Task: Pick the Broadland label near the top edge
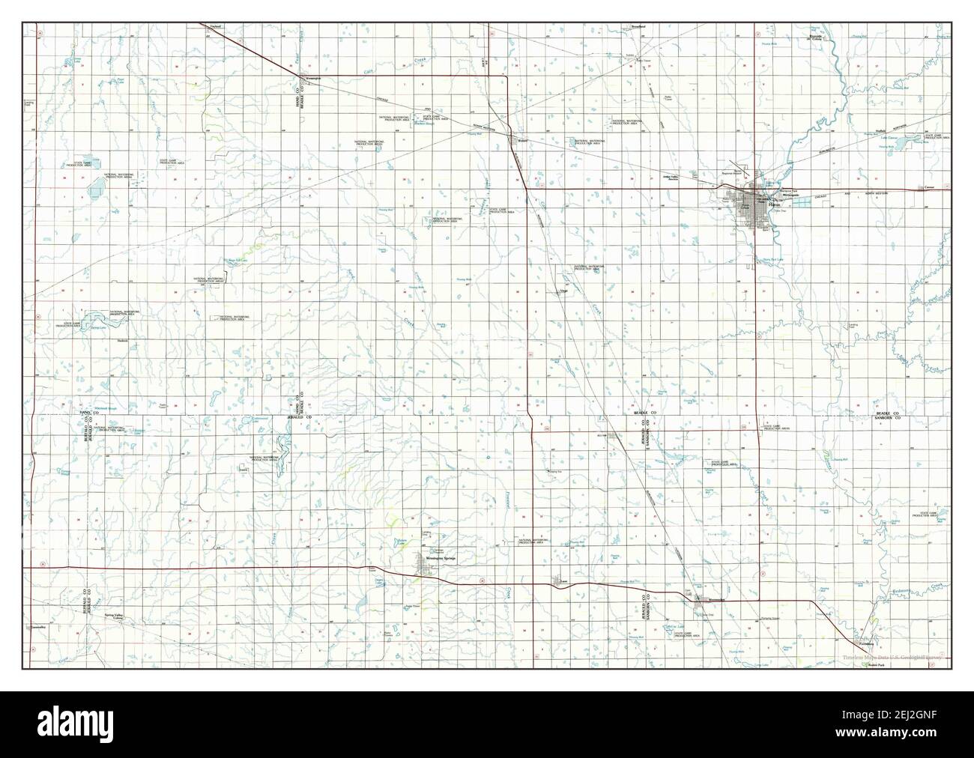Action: tap(638, 27)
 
